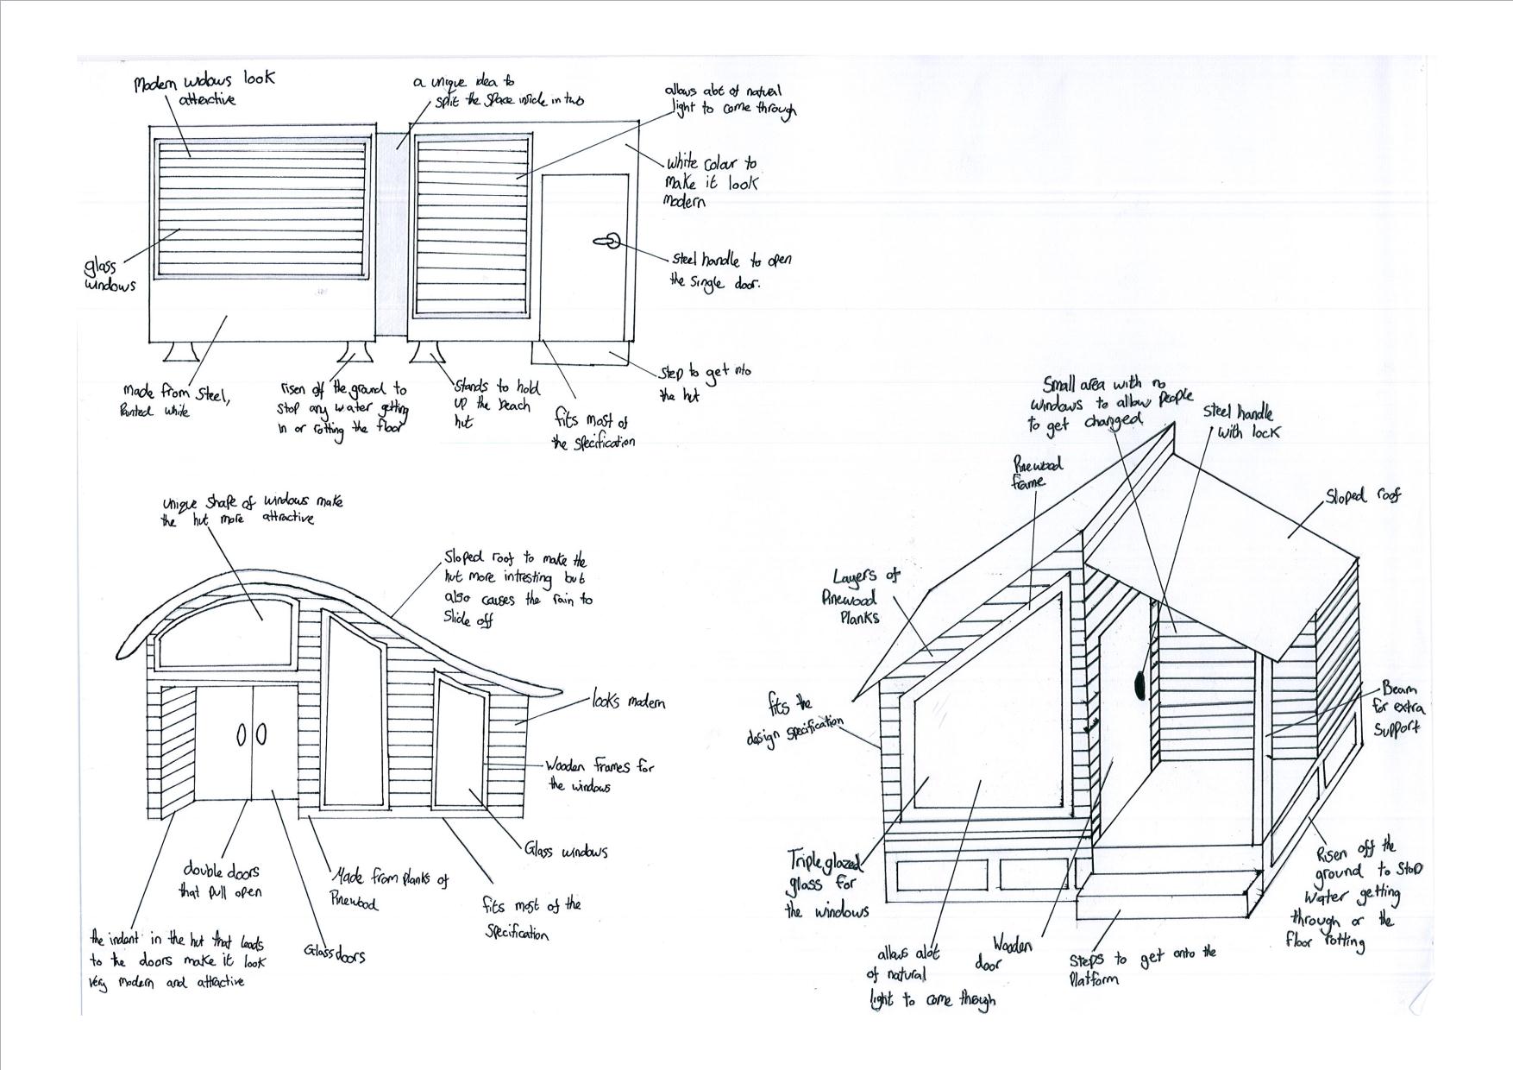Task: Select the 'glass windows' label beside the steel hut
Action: click(x=109, y=276)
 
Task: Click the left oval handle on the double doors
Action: click(x=241, y=735)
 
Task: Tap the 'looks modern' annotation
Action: click(x=628, y=702)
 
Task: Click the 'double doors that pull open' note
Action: click(x=221, y=881)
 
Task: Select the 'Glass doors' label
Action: click(x=334, y=954)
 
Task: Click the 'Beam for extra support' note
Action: click(x=1397, y=708)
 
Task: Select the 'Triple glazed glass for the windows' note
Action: click(x=826, y=884)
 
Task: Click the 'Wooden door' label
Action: click(x=1004, y=954)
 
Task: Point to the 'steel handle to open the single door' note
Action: click(x=730, y=270)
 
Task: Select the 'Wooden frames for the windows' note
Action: click(x=600, y=775)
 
